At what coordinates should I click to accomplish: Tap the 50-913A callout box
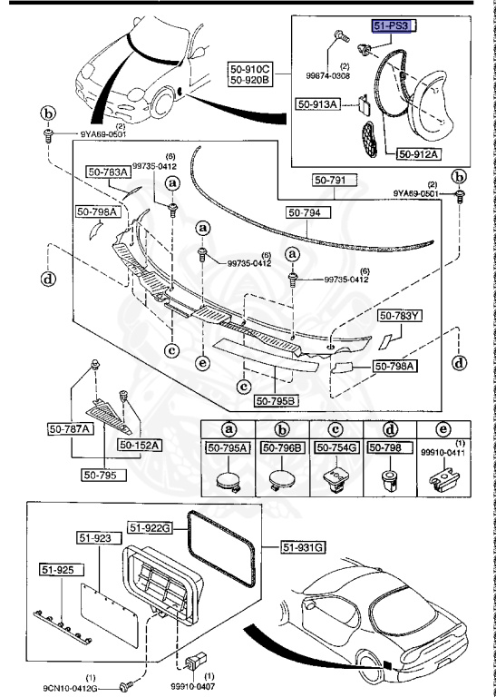pos(316,104)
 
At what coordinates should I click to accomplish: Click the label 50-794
pos(309,212)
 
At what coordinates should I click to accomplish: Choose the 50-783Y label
pos(400,316)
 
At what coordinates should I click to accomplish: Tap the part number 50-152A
pos(139,445)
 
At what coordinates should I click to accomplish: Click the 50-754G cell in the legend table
pos(336,447)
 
